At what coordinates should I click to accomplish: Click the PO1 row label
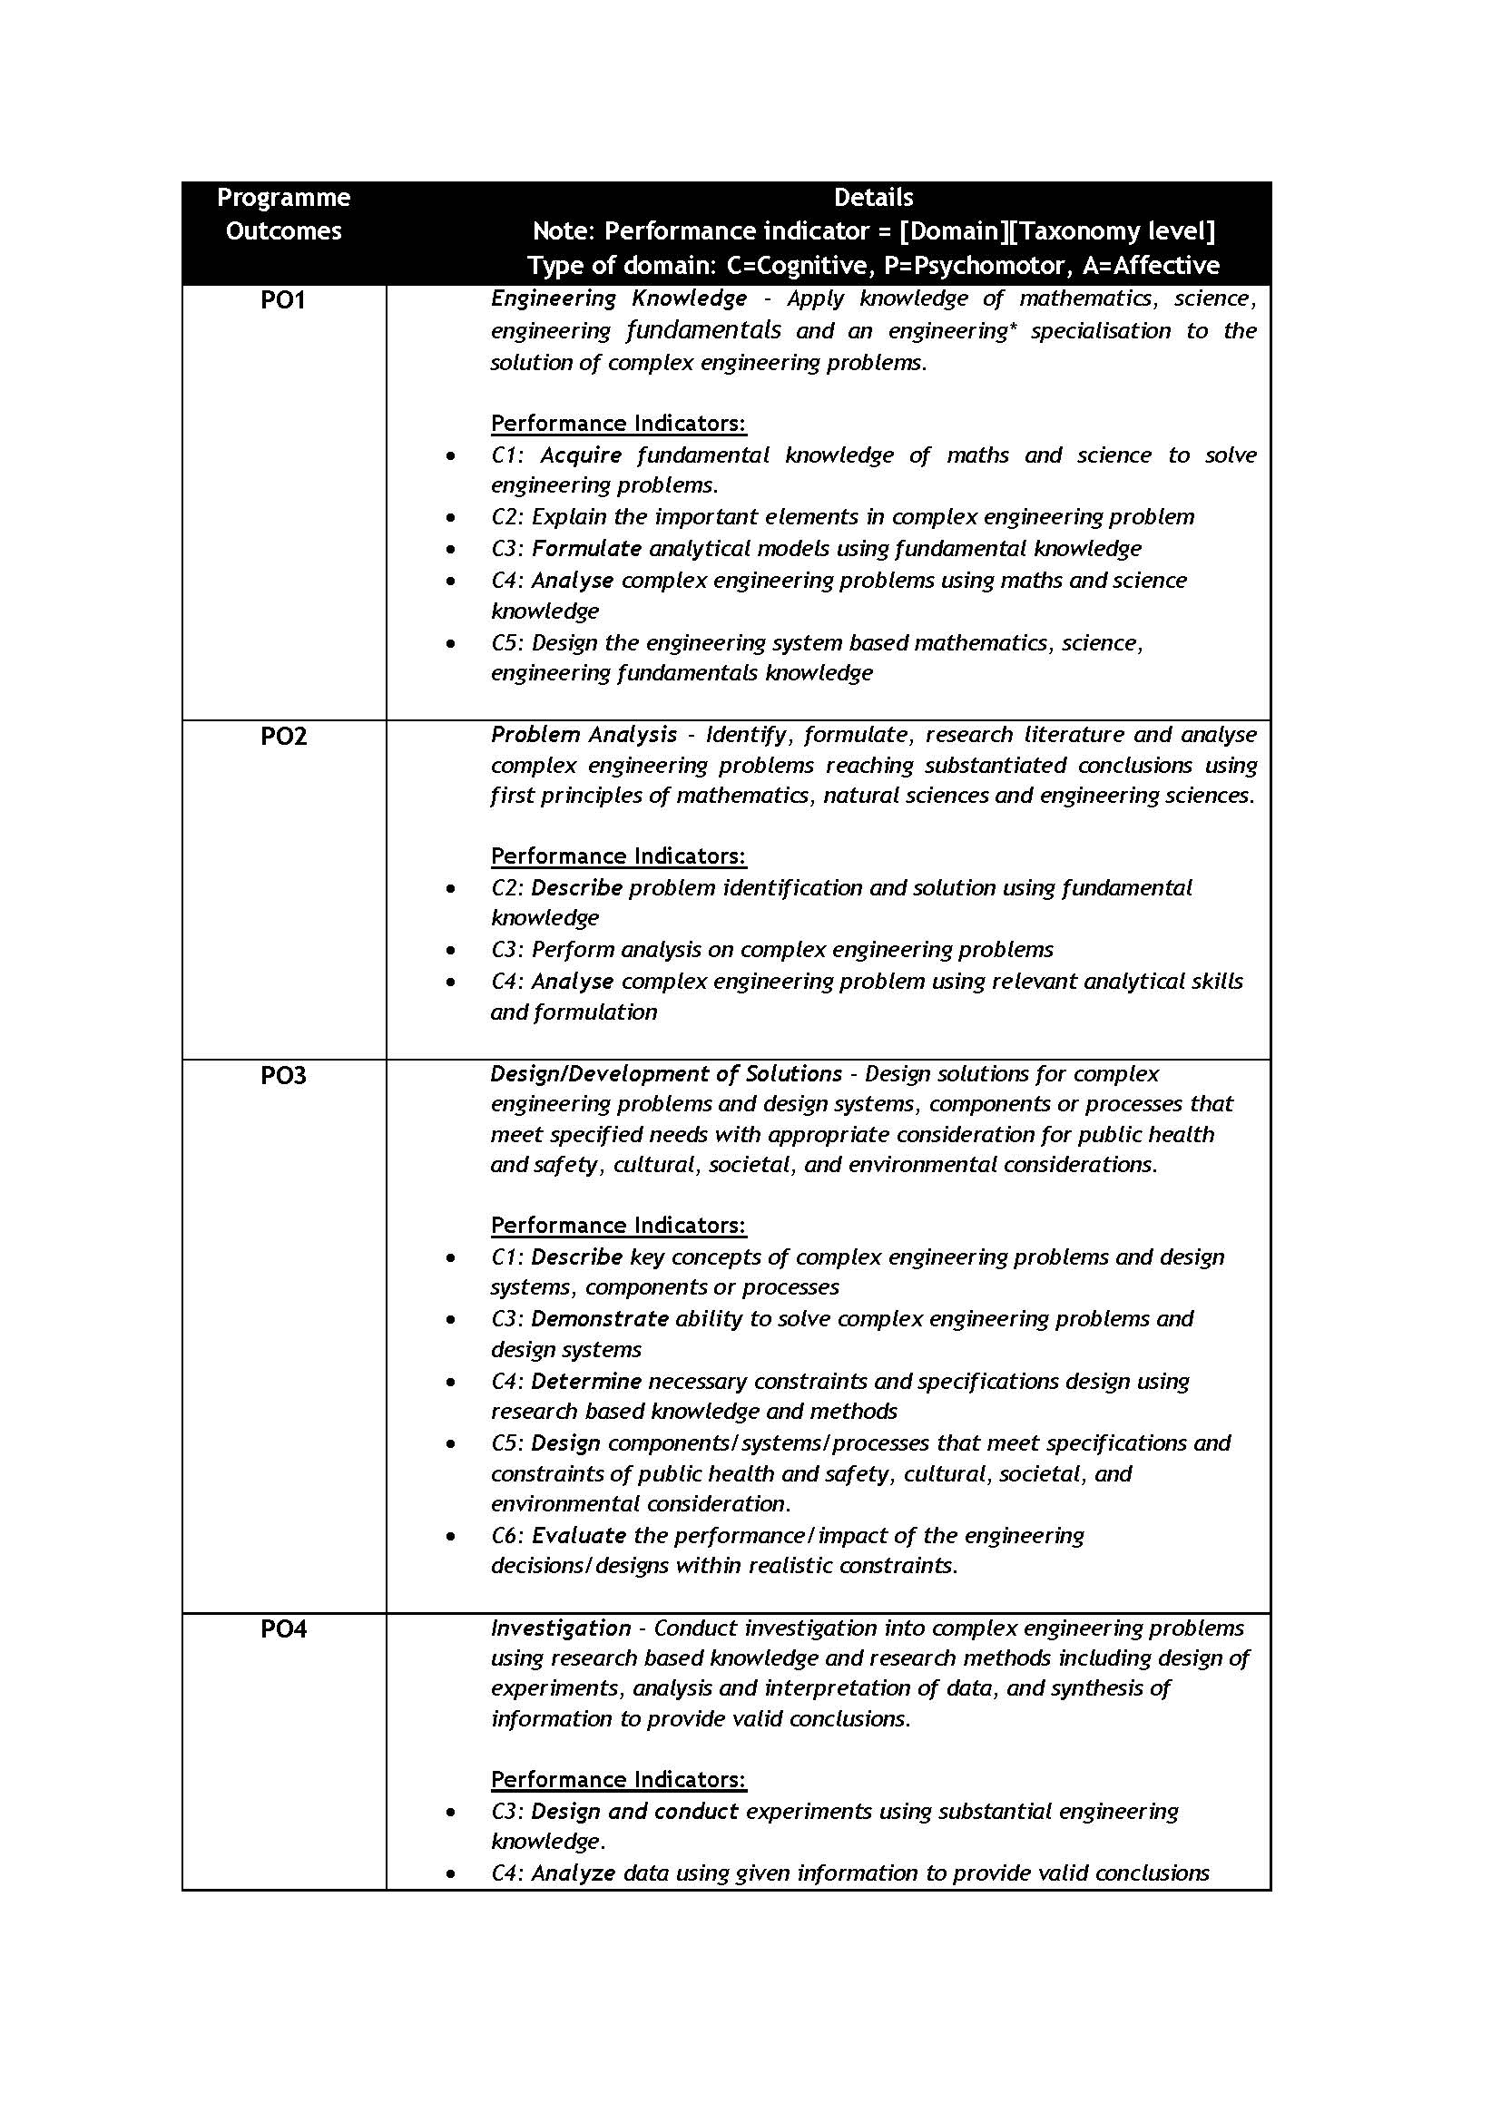[283, 299]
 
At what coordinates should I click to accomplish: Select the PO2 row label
[283, 736]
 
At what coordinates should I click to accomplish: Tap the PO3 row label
[283, 1075]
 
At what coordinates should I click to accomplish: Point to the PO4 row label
[283, 1628]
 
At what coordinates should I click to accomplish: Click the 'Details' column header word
[872, 198]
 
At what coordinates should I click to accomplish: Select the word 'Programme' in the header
[283, 198]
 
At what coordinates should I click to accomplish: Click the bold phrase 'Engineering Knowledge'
[618, 298]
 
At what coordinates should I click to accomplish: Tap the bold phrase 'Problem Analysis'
[584, 735]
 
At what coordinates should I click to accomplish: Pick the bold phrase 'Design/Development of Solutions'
[665, 1074]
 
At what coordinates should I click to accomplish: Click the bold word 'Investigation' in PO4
[560, 1628]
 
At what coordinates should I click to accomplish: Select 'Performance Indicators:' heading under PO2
[617, 856]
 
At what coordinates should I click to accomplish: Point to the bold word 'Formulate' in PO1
[586, 549]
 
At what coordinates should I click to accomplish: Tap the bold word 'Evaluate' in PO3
[579, 1536]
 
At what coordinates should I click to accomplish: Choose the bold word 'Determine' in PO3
[586, 1382]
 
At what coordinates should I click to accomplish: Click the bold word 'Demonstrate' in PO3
[599, 1319]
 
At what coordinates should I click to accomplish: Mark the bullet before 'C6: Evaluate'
[450, 1537]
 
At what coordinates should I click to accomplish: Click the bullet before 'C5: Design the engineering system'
[450, 643]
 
